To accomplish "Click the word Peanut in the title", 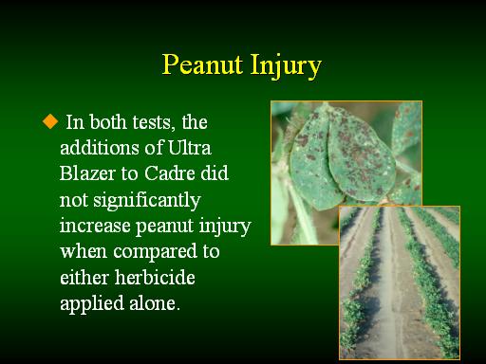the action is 202,64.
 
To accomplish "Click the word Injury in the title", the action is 286,66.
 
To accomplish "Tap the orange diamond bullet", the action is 50,121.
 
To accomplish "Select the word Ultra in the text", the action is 189,148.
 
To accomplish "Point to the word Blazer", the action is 88,173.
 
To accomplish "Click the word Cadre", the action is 169,173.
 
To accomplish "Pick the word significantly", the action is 147,201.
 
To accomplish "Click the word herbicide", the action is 155,277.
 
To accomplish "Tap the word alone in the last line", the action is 155,303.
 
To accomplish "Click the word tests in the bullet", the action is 154,122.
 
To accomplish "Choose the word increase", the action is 95,226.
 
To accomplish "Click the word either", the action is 84,277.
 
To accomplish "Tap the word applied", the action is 92,304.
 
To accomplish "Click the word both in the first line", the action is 107,121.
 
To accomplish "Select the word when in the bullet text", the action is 84,251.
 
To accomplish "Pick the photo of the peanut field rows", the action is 400,282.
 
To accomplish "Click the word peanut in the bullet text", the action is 164,227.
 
